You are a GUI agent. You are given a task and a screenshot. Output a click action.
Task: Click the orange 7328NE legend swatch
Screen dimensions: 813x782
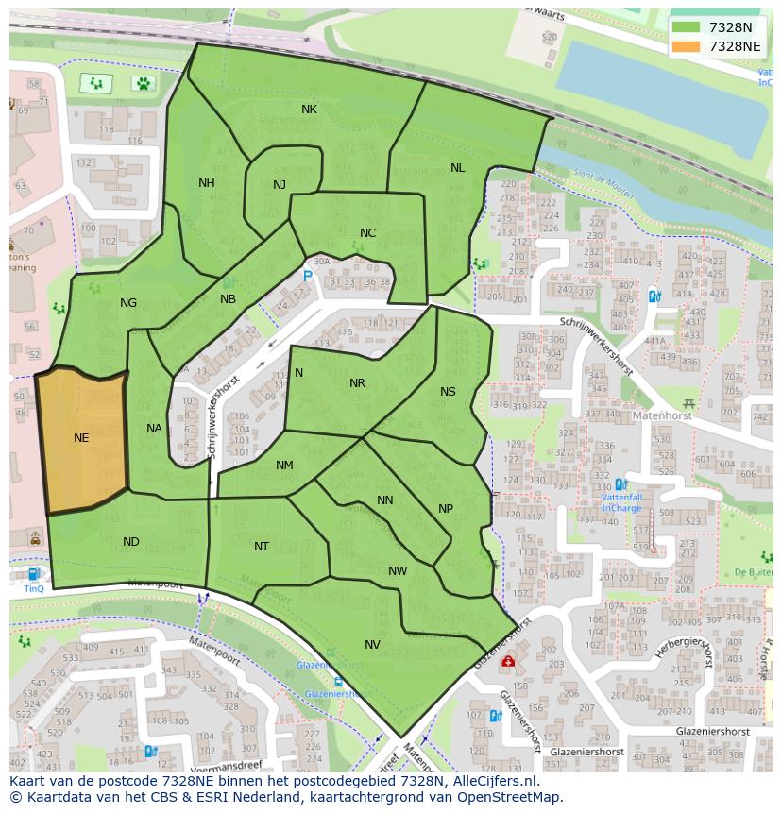click(x=687, y=45)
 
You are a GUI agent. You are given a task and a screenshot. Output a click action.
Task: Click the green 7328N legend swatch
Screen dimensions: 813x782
click(x=687, y=27)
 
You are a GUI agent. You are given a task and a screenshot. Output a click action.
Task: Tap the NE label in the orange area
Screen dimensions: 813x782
click(x=81, y=438)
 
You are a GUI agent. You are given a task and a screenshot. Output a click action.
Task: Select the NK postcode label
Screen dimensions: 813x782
click(x=309, y=110)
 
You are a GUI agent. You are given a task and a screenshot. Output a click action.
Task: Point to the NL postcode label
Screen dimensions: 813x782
click(x=457, y=168)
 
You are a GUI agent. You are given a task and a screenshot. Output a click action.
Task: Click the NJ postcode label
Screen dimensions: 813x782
click(x=280, y=184)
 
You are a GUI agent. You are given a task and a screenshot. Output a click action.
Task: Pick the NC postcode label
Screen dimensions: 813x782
click(x=367, y=233)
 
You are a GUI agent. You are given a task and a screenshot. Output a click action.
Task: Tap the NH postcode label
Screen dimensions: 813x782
click(x=206, y=183)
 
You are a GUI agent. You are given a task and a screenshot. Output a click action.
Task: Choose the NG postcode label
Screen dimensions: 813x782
click(x=128, y=303)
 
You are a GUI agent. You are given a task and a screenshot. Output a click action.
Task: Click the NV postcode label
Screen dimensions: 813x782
click(x=372, y=644)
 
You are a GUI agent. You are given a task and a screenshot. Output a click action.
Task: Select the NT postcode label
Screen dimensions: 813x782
click(x=262, y=547)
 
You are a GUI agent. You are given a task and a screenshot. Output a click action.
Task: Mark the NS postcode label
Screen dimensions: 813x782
click(x=448, y=392)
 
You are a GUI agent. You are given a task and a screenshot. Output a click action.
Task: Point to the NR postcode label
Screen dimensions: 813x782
click(x=357, y=383)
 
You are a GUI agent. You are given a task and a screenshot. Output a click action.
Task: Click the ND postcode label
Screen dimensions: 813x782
click(x=131, y=542)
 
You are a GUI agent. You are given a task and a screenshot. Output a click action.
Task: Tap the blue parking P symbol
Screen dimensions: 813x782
click(x=307, y=276)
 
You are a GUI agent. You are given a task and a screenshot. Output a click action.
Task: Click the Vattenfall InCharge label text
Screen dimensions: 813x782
click(x=621, y=501)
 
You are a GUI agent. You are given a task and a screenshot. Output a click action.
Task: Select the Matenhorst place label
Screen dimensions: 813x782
click(x=637, y=414)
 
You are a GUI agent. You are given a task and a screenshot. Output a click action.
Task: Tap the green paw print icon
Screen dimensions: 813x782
click(x=143, y=83)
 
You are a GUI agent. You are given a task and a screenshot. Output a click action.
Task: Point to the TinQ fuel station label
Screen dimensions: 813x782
click(x=34, y=588)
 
